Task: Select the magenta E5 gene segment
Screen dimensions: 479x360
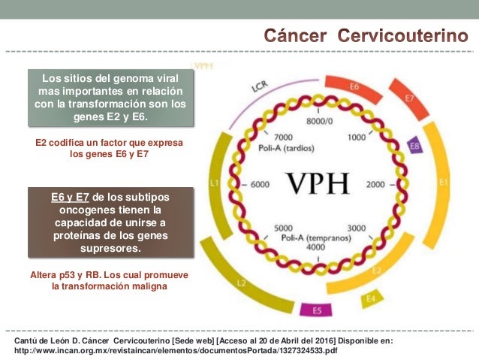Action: [x=318, y=310]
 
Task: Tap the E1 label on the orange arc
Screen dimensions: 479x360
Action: [x=444, y=182]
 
